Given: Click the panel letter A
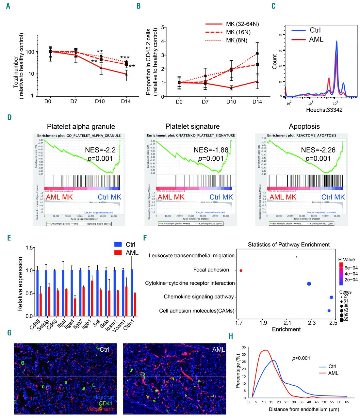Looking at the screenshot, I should (x=8, y=6).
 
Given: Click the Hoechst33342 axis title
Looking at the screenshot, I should (x=324, y=110).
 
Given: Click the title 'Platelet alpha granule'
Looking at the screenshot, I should (x=81, y=126).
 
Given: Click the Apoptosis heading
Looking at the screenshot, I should (x=304, y=126).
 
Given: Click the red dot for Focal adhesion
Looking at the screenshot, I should (x=241, y=270).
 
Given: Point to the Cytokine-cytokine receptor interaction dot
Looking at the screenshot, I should (x=309, y=283).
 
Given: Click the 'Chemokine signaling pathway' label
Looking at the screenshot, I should (x=199, y=297).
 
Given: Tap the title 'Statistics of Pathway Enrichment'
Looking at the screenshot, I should (x=288, y=244).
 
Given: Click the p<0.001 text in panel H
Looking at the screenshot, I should (x=301, y=358).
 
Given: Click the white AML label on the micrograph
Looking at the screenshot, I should (x=219, y=349).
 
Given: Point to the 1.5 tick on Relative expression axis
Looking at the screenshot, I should (x=29, y=248).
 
